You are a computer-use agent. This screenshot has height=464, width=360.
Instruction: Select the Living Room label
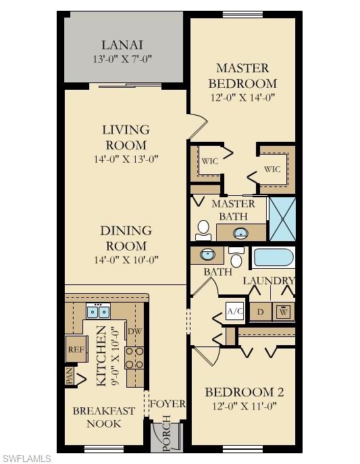(126, 137)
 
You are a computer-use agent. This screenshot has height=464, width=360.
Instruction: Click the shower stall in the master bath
(282, 219)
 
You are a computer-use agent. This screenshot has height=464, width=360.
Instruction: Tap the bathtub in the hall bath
(273, 257)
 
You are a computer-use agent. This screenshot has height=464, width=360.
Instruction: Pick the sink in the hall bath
(207, 256)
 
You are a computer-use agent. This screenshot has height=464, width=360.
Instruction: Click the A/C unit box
(234, 312)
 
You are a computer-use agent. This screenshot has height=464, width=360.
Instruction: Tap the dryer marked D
(260, 312)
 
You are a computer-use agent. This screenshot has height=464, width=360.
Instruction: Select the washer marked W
(284, 312)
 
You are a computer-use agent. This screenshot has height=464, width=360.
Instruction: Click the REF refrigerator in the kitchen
(75, 349)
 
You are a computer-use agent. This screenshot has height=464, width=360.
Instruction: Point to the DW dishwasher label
(134, 331)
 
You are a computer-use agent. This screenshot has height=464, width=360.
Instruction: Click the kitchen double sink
(99, 311)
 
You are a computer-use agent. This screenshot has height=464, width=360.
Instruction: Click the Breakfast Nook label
(104, 417)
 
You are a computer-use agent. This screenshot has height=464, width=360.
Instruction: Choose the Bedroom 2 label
(242, 392)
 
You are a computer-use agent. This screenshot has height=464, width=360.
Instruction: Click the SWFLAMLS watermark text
(26, 459)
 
